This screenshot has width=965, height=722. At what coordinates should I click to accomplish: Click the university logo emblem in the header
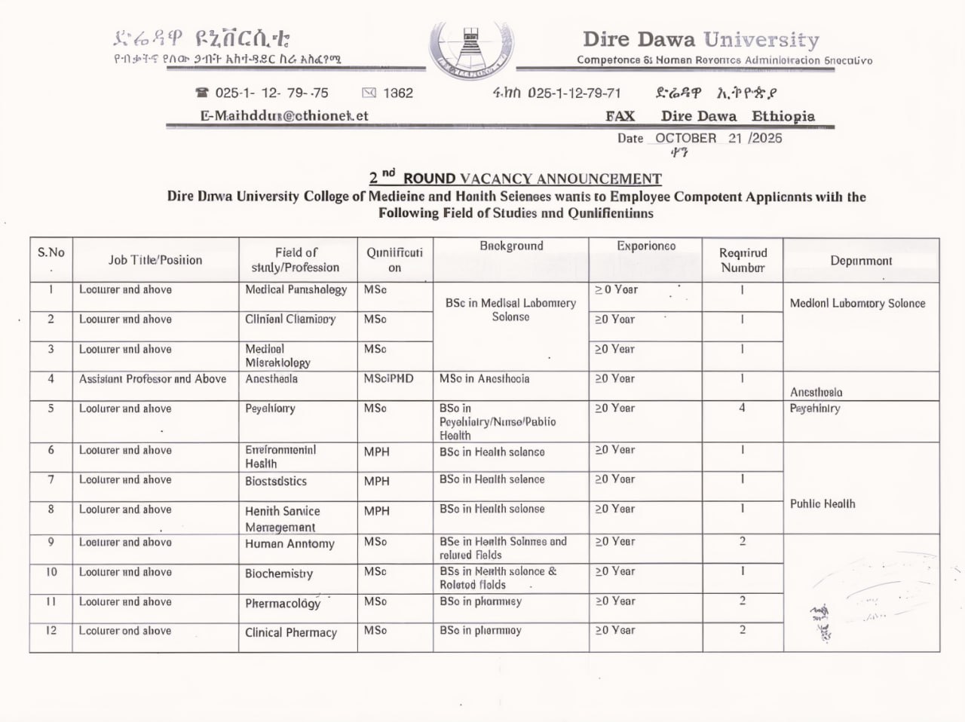tap(472, 48)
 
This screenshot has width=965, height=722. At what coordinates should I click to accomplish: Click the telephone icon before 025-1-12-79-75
tap(201, 93)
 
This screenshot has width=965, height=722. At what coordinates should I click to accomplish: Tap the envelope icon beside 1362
tap(369, 93)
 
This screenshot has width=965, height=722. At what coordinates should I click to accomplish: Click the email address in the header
tap(284, 116)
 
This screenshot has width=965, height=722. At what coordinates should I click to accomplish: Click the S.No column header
tap(51, 252)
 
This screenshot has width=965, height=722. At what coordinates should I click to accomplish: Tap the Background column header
tap(511, 246)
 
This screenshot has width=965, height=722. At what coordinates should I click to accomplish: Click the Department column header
tap(861, 261)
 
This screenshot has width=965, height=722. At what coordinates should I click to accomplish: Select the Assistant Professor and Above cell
tap(152, 379)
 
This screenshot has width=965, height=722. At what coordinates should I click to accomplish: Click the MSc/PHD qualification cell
tap(388, 379)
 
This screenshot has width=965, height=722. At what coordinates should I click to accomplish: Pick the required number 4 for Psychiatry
tap(742, 408)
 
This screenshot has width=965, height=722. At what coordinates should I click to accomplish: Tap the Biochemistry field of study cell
tap(279, 574)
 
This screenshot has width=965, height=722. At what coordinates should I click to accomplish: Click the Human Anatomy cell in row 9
tap(289, 543)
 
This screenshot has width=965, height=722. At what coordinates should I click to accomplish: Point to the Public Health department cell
tap(823, 503)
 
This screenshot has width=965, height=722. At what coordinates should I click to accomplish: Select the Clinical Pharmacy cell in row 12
tap(291, 632)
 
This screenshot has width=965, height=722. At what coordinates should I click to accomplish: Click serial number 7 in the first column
tap(51, 480)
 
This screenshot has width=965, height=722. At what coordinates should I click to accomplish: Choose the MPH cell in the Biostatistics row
tap(377, 481)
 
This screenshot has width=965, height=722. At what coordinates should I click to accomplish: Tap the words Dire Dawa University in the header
tap(700, 39)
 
